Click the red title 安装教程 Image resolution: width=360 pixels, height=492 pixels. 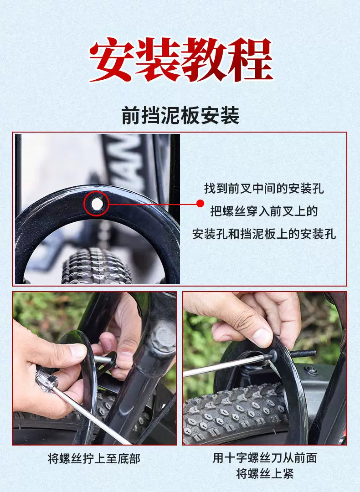point(181,60)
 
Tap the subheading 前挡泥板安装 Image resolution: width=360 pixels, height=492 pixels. point(180,115)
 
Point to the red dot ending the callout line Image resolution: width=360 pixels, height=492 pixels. point(200,204)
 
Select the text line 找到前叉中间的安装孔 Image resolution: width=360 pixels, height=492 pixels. point(264,189)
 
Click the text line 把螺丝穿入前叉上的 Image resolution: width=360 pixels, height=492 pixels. point(264,211)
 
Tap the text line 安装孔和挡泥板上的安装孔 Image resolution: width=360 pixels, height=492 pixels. point(264,234)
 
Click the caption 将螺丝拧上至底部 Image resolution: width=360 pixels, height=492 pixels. point(94,458)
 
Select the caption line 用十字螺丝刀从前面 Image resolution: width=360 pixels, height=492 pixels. point(265,458)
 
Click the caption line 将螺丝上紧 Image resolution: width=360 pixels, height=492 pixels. point(265,473)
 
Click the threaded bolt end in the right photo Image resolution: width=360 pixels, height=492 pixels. point(303,354)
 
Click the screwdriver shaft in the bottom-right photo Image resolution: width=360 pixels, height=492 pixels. point(226,365)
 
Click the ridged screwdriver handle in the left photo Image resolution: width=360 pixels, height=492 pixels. point(46,380)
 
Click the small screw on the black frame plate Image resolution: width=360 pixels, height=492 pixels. point(312,370)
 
